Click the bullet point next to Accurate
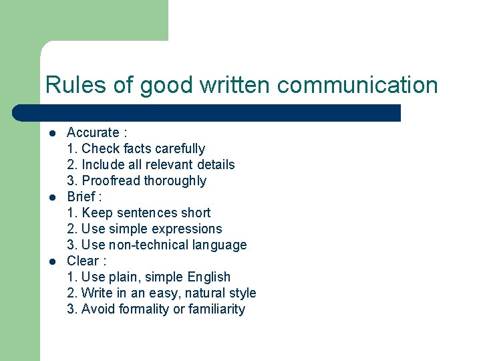pyautogui.click(x=52, y=133)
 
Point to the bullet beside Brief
pyautogui.click(x=52, y=197)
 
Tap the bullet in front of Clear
pyautogui.click(x=52, y=261)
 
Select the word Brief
pyautogui.click(x=81, y=197)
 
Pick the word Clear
pyautogui.click(x=83, y=261)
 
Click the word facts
pyautogui.click(x=136, y=148)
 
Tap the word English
pyautogui.click(x=209, y=277)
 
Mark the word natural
pyautogui.click(x=199, y=293)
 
